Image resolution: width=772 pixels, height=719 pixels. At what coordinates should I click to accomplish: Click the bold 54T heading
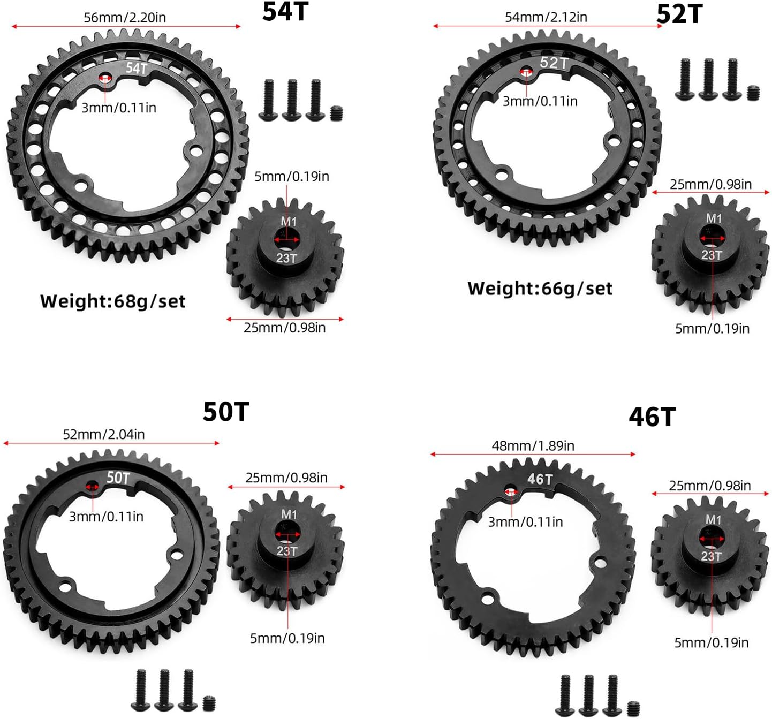[285, 11]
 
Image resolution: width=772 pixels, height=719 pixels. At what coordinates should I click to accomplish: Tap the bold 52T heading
[679, 15]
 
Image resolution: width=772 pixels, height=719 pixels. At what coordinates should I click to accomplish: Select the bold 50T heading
[225, 412]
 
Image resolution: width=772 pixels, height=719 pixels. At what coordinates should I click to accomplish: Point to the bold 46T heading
[652, 417]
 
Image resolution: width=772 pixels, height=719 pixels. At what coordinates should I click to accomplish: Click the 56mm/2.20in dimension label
[125, 18]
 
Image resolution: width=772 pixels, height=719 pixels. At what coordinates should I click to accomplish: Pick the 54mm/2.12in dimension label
[546, 17]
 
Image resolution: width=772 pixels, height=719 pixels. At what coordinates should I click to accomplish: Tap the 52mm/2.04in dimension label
[104, 434]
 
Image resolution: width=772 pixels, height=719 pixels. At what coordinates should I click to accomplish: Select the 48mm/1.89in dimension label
[533, 445]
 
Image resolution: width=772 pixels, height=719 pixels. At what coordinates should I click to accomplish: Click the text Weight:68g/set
[113, 302]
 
